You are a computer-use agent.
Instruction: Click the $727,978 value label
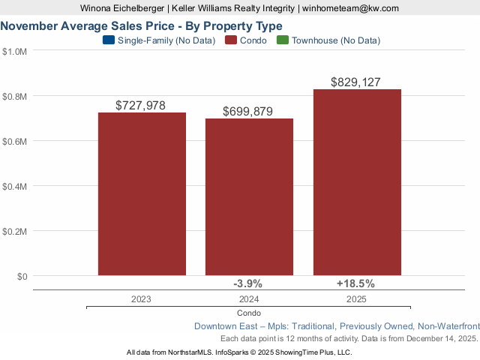tap(141, 106)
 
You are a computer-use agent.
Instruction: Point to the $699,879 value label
tap(248, 111)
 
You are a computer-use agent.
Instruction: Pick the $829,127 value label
tap(356, 82)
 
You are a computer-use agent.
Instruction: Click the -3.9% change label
tap(248, 283)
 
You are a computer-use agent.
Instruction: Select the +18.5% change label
tap(356, 283)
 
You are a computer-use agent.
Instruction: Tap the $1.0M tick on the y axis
tap(15, 51)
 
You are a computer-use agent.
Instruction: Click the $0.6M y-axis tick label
tap(15, 141)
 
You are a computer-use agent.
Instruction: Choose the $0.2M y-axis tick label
tap(15, 231)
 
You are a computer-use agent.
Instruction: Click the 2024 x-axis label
tap(249, 298)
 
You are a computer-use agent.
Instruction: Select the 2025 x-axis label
tap(356, 298)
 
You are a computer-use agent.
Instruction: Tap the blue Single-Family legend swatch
tap(107, 40)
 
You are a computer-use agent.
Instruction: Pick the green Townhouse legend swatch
tap(282, 40)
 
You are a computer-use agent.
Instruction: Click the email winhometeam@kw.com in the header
tap(350, 7)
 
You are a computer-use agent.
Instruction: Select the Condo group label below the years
tap(249, 313)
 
